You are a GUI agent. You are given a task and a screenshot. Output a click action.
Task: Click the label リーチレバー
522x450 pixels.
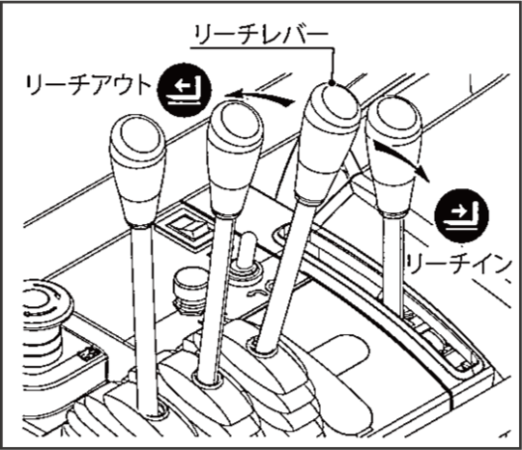pyautogui.click(x=261, y=35)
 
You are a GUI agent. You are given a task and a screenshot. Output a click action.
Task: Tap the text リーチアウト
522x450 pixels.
pyautogui.click(x=87, y=85)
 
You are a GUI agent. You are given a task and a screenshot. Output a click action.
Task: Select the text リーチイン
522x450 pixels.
pyautogui.click(x=459, y=265)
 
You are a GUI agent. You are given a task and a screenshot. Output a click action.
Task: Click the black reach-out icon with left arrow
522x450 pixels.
pyautogui.click(x=184, y=89)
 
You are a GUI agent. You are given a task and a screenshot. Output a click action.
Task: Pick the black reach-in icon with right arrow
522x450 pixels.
pyautogui.click(x=462, y=215)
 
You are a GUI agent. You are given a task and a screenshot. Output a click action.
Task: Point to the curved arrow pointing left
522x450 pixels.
pyautogui.click(x=260, y=98)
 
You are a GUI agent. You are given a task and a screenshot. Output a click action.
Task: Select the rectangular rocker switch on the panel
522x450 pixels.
pyautogui.click(x=185, y=227)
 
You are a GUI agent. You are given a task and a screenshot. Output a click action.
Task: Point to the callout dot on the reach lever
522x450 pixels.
pyautogui.click(x=332, y=83)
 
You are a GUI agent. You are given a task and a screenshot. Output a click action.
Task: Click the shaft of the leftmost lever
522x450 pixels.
pyautogui.click(x=145, y=320)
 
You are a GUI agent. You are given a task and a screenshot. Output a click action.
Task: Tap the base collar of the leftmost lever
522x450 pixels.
pyautogui.click(x=155, y=410)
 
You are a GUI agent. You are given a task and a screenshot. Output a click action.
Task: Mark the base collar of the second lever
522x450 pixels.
pyautogui.click(x=207, y=380)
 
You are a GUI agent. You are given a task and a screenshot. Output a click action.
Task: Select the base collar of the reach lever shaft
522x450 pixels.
pyautogui.click(x=264, y=346)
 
